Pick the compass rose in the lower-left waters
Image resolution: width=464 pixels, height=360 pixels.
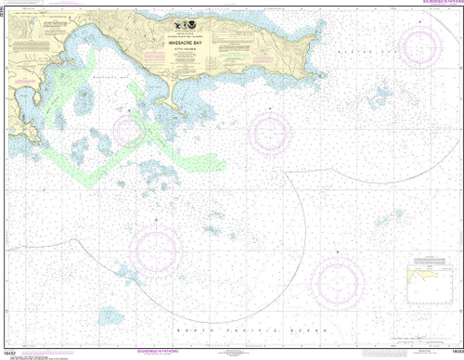pyautogui.click(x=156, y=246)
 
